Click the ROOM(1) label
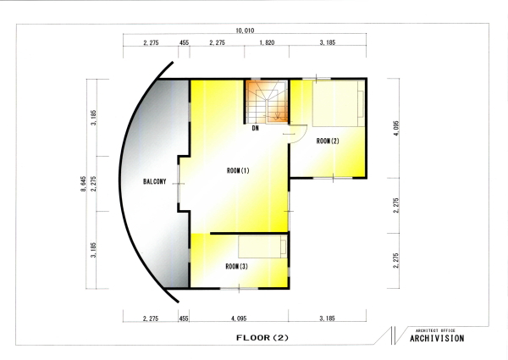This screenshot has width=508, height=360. click(238, 170)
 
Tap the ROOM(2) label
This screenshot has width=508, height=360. click(328, 141)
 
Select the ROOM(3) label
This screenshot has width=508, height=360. click(236, 266)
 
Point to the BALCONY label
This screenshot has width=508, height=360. click(155, 181)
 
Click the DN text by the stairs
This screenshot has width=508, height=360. click(256, 128)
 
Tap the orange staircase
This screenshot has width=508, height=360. click(267, 102)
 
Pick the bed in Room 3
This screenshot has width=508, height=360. click(262, 246)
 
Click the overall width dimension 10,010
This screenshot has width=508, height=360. click(245, 30)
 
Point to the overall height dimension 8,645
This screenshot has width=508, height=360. click(83, 184)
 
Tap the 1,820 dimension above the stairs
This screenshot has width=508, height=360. click(267, 42)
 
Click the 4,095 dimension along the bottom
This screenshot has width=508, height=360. click(239, 318)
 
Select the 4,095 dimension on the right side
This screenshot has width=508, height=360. click(396, 128)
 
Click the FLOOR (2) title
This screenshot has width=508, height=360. click(262, 338)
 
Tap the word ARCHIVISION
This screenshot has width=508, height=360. click(437, 338)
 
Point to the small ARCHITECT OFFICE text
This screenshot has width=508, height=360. click(435, 330)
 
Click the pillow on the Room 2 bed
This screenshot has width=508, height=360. click(361, 103)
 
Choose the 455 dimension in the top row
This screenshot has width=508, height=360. click(184, 42)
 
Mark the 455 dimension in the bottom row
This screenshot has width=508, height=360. click(184, 318)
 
